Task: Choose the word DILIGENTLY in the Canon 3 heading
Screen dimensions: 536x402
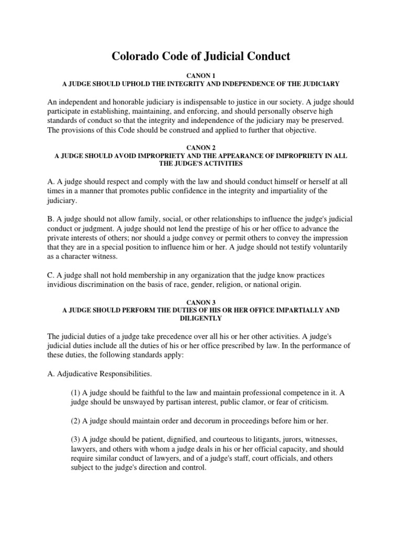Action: tap(201, 318)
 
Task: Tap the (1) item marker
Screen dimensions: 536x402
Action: tap(75, 393)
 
